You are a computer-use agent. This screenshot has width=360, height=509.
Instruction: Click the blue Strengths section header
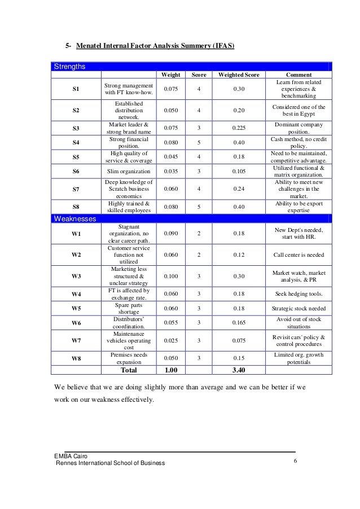click(x=70, y=67)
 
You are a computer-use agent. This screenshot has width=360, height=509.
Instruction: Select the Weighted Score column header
click(x=239, y=74)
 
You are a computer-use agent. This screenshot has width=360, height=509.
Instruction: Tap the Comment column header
click(x=298, y=74)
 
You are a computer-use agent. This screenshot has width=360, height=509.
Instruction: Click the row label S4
click(x=76, y=143)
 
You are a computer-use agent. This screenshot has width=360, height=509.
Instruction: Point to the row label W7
click(x=76, y=340)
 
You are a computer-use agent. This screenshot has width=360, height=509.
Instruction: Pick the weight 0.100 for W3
click(x=172, y=277)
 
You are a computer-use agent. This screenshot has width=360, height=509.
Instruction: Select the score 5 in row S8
click(x=199, y=207)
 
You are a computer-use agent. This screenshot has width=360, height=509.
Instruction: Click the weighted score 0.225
click(x=239, y=128)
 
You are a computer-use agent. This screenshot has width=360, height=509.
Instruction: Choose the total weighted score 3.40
click(x=239, y=370)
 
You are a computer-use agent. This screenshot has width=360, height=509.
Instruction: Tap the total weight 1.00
click(x=172, y=370)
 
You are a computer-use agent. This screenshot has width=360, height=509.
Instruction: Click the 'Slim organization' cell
click(x=129, y=172)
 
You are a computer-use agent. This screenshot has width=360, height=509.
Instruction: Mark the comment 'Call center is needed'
click(x=298, y=255)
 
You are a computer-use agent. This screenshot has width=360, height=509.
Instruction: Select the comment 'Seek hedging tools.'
click(x=298, y=294)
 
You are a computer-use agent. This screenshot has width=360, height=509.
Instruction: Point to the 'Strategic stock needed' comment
click(x=298, y=309)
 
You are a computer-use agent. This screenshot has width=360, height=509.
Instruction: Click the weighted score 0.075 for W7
click(x=239, y=340)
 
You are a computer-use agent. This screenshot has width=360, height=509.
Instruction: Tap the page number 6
click(x=296, y=462)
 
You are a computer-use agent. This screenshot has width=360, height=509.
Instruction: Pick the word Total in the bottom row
click(x=129, y=370)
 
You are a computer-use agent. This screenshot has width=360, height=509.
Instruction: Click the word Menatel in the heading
click(x=93, y=45)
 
